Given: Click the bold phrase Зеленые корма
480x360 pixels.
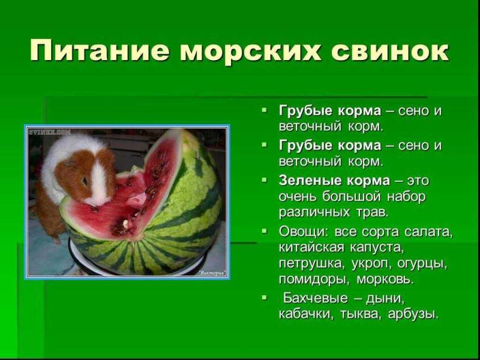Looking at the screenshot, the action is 334,181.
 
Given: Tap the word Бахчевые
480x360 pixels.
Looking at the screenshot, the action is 316,298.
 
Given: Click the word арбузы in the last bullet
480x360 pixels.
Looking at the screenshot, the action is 412,314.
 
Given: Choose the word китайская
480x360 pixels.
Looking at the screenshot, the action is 311,247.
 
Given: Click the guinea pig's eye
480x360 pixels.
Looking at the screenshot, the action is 85,181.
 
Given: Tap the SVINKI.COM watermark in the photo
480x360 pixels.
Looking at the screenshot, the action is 50,132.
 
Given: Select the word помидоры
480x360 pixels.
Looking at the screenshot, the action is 314,280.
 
